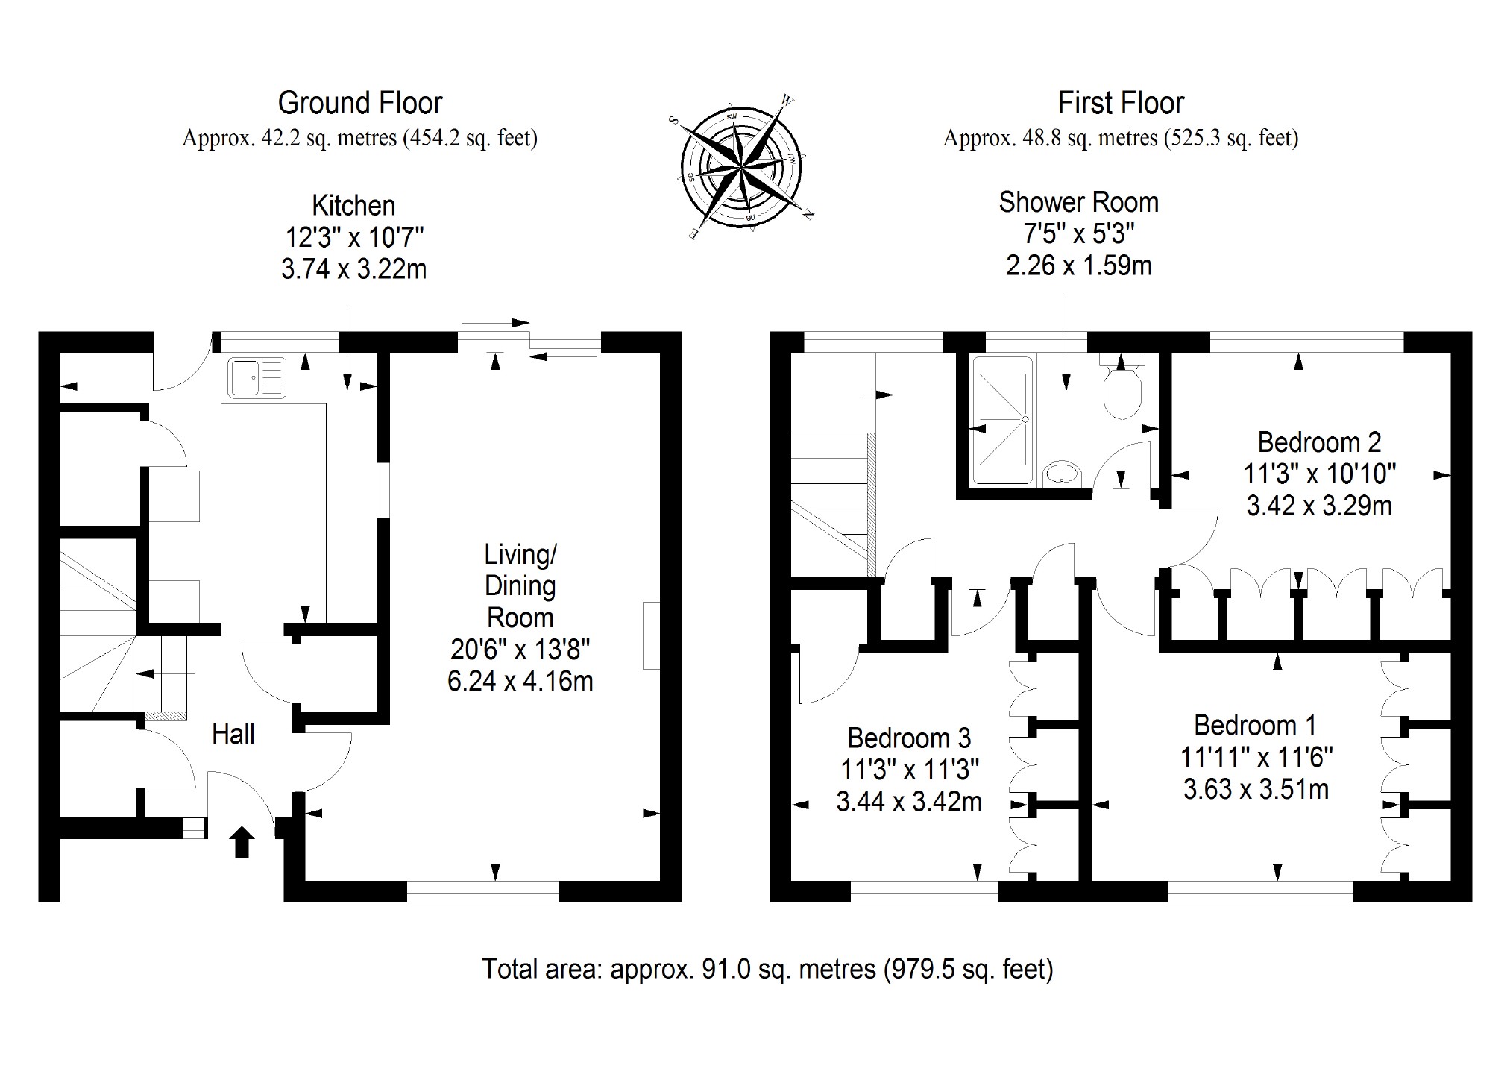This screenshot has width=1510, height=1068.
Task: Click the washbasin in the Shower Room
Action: coord(1063,473)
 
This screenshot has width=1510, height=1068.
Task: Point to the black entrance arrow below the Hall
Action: coord(242,843)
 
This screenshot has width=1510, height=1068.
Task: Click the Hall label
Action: coord(233,734)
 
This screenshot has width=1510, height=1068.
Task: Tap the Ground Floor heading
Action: coord(360,103)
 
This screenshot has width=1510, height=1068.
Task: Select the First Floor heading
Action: coord(1121,103)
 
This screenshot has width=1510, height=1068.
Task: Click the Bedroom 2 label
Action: coord(1319,442)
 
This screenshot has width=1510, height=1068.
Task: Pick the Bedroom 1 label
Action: coord(1255,725)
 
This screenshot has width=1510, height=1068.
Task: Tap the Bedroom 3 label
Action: coord(909,738)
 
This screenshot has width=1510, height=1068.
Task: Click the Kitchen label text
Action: coord(353,205)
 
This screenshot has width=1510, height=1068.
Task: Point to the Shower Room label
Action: coord(1078,202)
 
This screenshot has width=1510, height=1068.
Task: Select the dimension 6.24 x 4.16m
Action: coord(520,682)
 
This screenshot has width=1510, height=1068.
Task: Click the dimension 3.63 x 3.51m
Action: coord(1256,789)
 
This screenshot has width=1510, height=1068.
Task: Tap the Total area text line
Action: coord(767,969)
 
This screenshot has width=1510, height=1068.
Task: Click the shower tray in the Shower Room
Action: coord(1003,420)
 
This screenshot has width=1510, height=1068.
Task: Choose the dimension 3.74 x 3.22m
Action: coord(353,269)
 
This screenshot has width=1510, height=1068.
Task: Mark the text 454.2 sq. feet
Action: coord(469,139)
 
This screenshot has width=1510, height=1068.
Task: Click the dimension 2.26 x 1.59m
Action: coord(1078,266)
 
